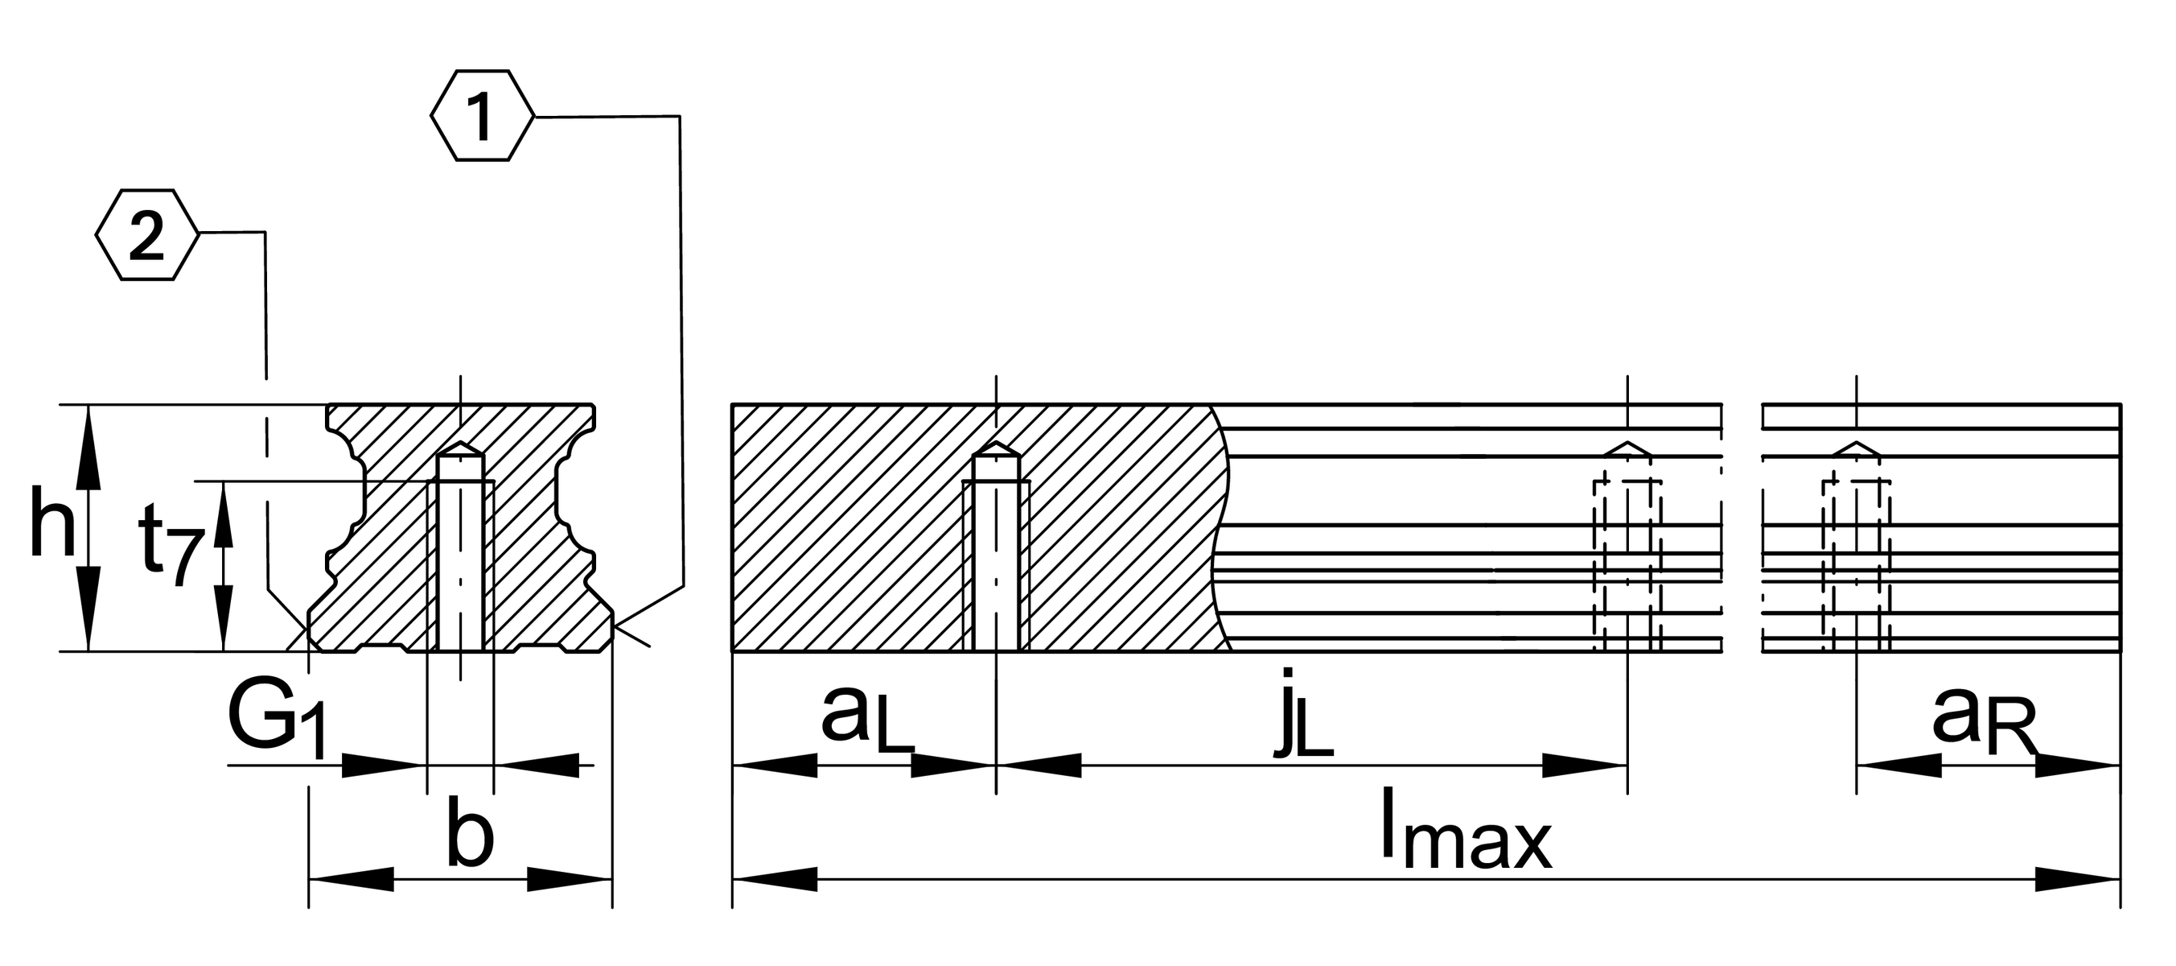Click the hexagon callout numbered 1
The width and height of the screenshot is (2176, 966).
(x=483, y=116)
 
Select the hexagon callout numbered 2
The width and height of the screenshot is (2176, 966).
(x=147, y=235)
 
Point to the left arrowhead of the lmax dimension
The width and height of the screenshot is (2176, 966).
(x=775, y=879)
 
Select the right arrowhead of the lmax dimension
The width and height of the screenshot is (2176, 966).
(x=2078, y=879)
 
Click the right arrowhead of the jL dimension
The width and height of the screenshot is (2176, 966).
(x=1586, y=766)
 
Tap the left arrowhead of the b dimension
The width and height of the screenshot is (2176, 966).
(x=352, y=879)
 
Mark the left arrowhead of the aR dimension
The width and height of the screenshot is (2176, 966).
(x=1899, y=766)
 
